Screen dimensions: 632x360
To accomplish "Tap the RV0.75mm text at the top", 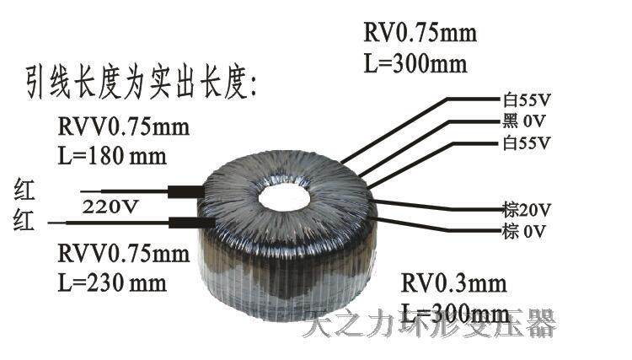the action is click(420, 35).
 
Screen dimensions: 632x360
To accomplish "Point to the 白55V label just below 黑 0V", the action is click(526, 142).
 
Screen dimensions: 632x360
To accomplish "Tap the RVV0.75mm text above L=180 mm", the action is click(124, 128).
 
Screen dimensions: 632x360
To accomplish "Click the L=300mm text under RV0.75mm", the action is click(415, 63).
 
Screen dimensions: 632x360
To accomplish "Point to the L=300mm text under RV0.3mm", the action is click(455, 313).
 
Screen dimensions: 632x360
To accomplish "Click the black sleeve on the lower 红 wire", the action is click(185, 223).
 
